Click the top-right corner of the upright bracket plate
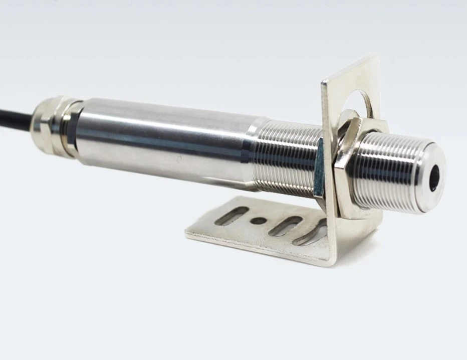[x=377, y=55]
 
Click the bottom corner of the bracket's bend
[x=330, y=263]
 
